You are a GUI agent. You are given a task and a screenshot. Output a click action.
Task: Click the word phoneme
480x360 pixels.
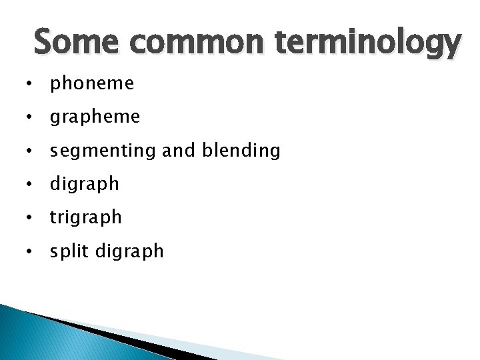coord(92,84)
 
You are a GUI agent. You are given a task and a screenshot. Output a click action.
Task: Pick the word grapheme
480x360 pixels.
coord(95,118)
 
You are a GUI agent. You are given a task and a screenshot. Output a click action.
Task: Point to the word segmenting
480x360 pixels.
coord(104,151)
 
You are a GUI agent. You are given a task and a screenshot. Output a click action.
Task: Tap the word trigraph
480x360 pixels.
coord(86,218)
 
